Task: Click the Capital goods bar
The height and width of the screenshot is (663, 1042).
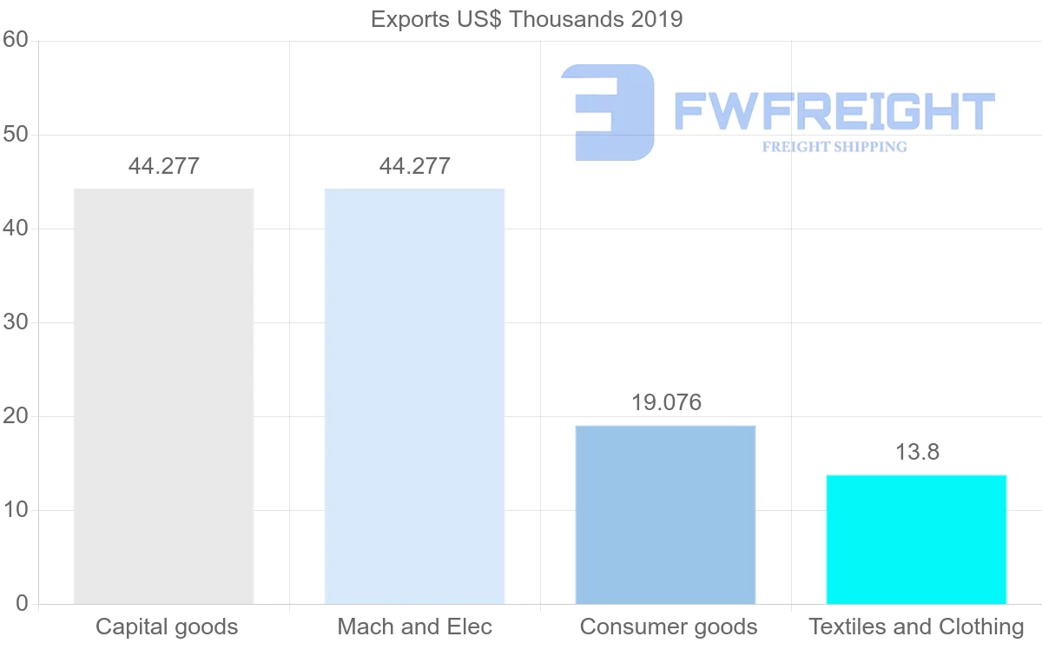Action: (x=163, y=396)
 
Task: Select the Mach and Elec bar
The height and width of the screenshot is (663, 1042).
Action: (x=414, y=396)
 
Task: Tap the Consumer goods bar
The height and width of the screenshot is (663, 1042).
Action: (x=665, y=514)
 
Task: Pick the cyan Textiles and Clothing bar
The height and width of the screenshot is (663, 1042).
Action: (x=916, y=539)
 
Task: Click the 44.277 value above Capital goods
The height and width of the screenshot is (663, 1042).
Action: (x=164, y=166)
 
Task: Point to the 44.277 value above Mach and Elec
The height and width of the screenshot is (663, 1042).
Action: (x=415, y=166)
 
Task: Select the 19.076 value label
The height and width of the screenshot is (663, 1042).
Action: (x=666, y=403)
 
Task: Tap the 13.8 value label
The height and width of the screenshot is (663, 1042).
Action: (x=917, y=452)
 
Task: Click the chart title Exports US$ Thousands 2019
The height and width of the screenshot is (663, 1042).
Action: (x=527, y=19)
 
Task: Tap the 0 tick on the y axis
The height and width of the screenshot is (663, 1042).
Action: (x=22, y=604)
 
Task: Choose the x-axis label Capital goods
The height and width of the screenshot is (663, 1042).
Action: (x=167, y=627)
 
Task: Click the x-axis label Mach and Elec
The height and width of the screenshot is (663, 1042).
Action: (x=415, y=627)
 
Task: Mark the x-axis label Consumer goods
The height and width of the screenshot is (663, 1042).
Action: (x=669, y=627)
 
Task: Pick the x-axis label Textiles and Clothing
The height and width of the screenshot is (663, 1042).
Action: (x=917, y=627)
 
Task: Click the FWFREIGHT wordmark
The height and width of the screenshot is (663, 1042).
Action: (x=834, y=112)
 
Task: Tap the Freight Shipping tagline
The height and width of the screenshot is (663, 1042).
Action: (x=834, y=147)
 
